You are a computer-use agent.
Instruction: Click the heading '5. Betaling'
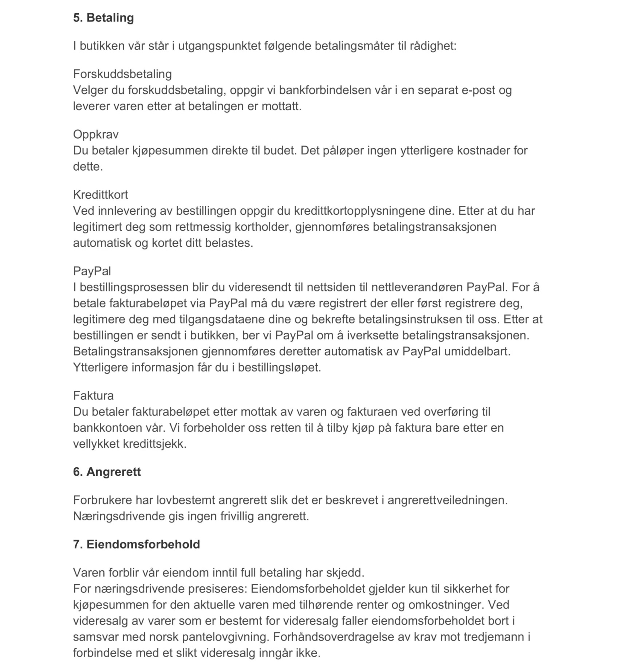[x=103, y=18]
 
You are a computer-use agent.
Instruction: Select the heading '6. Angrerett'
[x=107, y=472]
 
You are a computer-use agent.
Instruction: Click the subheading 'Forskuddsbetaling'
[x=122, y=74]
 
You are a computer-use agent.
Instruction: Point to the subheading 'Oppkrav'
[x=96, y=134]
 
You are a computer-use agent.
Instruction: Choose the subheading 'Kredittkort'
[x=100, y=195]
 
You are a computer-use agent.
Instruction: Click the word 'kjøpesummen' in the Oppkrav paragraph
[x=170, y=150]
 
